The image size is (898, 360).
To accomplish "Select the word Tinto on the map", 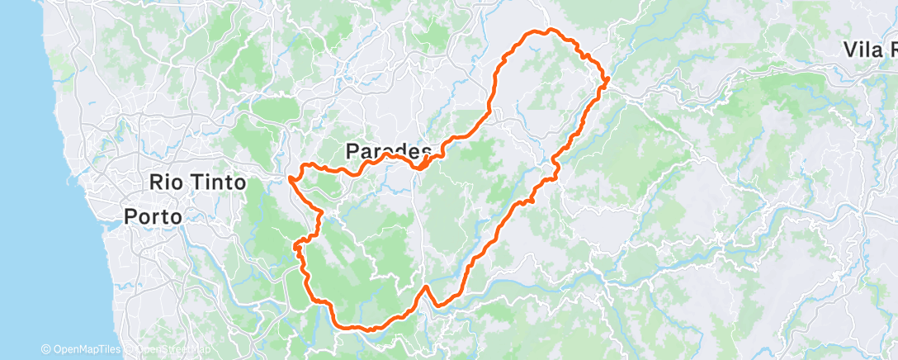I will pyautogui.click(x=219, y=182).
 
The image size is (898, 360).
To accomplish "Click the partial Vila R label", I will pyautogui.click(x=868, y=50).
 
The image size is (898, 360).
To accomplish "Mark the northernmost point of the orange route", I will pyautogui.click(x=547, y=30).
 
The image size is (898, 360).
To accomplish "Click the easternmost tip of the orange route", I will pyautogui.click(x=608, y=80).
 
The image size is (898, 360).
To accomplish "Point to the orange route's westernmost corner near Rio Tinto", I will pyautogui.click(x=290, y=177).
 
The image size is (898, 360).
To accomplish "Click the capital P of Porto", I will pyautogui.click(x=130, y=216).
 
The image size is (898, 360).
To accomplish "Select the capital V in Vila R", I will pyautogui.click(x=850, y=50).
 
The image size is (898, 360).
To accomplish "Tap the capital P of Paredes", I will pyautogui.click(x=352, y=151).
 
